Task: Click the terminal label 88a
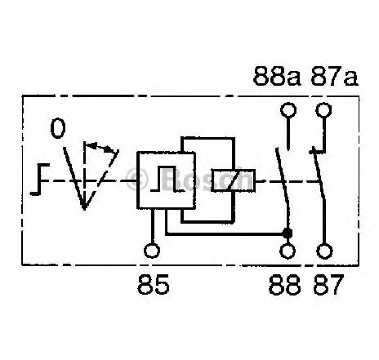tap(277, 76)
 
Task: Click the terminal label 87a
tap(334, 76)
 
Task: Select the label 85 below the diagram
tap(154, 284)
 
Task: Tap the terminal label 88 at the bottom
tap(284, 285)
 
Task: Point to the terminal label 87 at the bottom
tap(328, 285)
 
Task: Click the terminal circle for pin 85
tap(152, 251)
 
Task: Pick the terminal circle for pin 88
tap(288, 251)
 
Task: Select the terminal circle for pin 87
tap(324, 251)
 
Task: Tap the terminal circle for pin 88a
tap(288, 110)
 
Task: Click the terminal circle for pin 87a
tap(323, 110)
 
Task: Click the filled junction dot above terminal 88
tap(288, 233)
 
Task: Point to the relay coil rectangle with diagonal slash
tap(234, 180)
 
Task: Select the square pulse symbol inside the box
tap(167, 179)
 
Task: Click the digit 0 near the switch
tap(58, 129)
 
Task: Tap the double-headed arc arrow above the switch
tap(100, 147)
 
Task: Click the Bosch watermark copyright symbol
tap(137, 179)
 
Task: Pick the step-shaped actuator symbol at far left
tap(40, 180)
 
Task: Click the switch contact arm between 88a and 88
tap(282, 188)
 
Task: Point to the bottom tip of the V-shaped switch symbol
tap(84, 210)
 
